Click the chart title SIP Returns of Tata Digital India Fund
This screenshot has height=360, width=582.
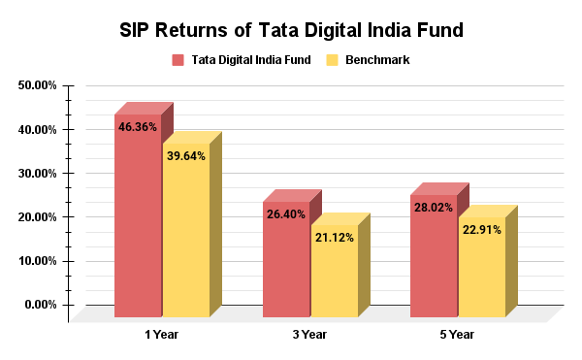291,29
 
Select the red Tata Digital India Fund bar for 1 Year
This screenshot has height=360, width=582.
137,223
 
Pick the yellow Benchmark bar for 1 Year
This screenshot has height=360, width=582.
185,238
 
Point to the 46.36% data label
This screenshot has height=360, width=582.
138,127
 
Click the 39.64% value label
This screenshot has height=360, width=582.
186,155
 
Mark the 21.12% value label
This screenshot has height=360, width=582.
334,237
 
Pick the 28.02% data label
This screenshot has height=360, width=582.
433,207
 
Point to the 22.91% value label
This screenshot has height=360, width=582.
482,230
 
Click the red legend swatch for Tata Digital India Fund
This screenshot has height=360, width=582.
178,60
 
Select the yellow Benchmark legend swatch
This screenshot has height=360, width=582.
333,60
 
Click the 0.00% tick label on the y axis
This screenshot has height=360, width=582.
41,305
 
